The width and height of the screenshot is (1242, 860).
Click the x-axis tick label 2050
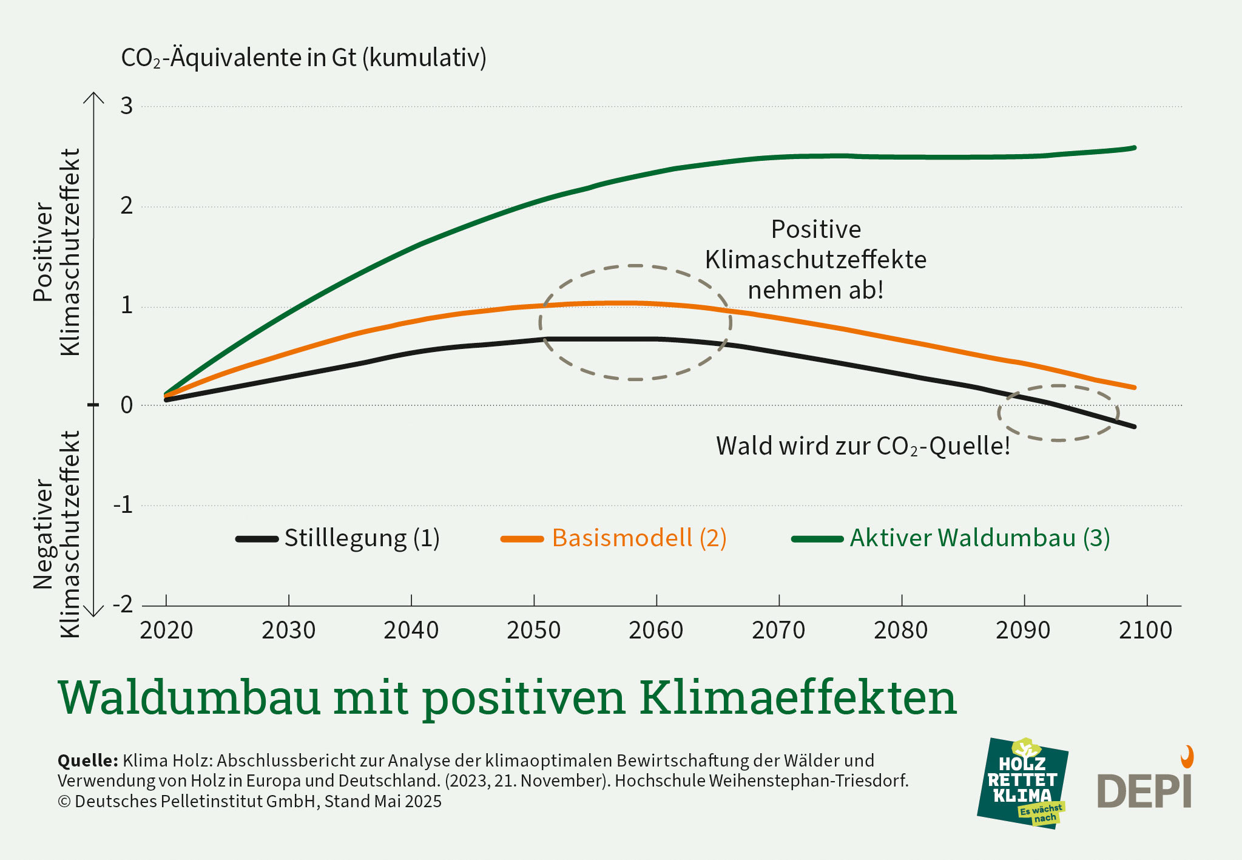(x=533, y=631)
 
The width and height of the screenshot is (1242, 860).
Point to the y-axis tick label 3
(x=126, y=106)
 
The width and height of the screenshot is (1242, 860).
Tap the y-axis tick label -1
(x=123, y=505)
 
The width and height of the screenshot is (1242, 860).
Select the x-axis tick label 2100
(x=1146, y=631)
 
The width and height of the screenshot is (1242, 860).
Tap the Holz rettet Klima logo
(x=1023, y=784)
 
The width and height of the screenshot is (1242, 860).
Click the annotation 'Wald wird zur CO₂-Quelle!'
(x=863, y=446)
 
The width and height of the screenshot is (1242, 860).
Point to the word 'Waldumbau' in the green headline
(x=189, y=698)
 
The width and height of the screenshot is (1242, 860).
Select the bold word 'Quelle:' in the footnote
(x=87, y=760)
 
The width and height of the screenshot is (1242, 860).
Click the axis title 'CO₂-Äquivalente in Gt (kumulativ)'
(x=303, y=58)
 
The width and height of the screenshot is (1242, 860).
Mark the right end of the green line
(x=1134, y=147)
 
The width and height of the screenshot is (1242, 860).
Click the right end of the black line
(x=1134, y=427)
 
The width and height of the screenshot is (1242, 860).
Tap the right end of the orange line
(x=1134, y=387)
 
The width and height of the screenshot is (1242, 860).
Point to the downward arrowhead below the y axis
(x=93, y=613)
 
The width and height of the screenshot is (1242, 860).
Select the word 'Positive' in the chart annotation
(x=815, y=230)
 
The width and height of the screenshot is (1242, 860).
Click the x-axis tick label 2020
(x=166, y=631)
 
